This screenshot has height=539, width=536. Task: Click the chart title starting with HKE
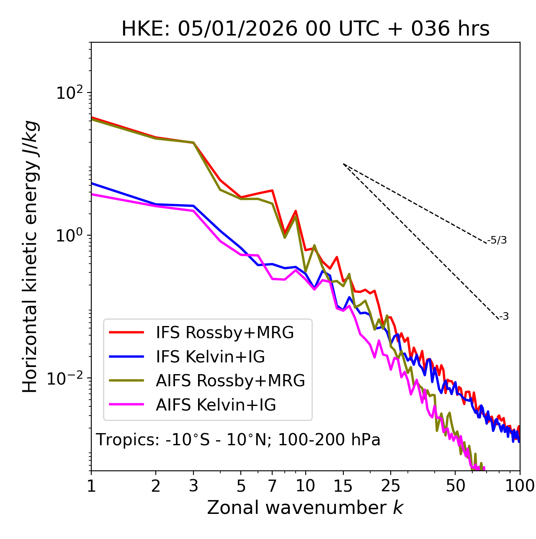305,29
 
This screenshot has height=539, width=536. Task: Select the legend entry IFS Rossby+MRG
225,333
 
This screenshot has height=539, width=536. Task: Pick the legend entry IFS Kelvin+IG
210,357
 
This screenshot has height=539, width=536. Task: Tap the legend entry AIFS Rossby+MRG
230,381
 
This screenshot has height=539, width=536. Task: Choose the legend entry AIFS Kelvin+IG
216,405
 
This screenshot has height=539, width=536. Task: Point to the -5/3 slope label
497,240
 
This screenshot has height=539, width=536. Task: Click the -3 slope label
504,317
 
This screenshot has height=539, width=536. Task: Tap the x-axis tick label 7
272,486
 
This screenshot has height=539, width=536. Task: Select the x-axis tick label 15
343,486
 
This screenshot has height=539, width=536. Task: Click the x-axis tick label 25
391,486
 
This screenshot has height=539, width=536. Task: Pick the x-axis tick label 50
455,486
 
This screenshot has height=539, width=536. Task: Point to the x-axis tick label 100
520,486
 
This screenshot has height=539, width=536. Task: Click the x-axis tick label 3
193,486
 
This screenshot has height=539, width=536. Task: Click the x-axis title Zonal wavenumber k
305,508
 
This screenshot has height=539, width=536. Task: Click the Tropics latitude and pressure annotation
238,440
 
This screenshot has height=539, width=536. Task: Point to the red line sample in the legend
126,333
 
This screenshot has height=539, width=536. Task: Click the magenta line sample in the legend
126,405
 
